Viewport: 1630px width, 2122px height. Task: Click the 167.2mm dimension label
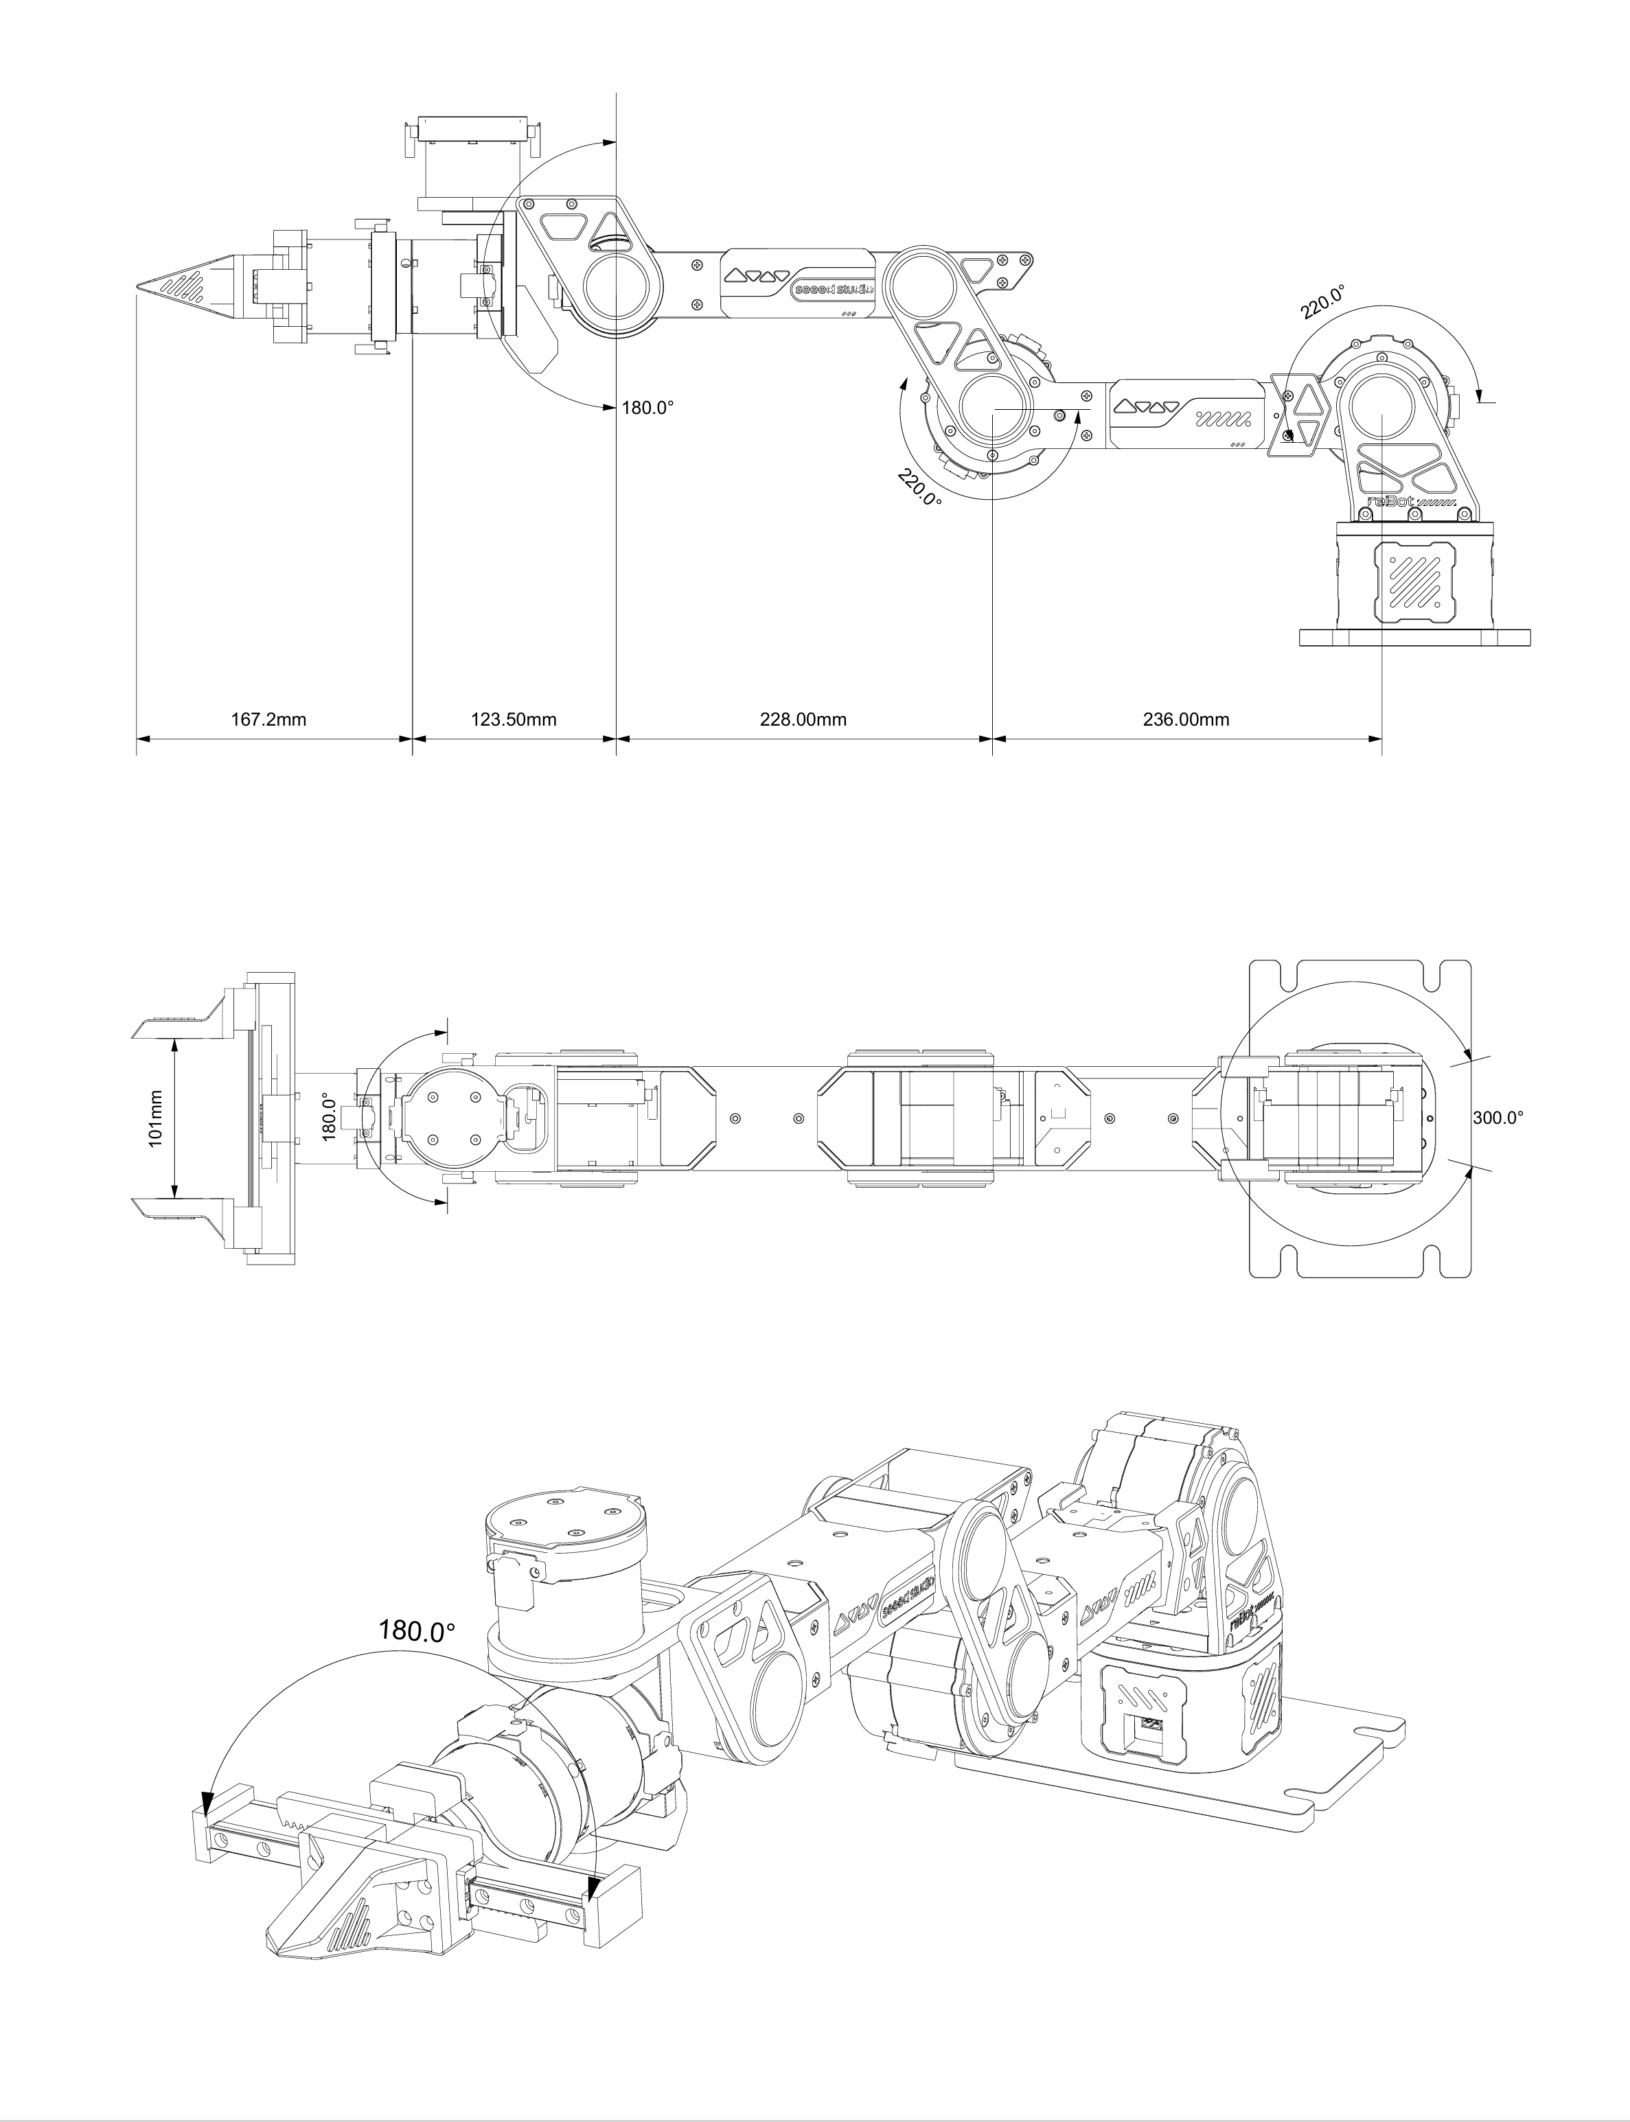point(268,719)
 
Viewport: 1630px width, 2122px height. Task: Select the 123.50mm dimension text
point(514,719)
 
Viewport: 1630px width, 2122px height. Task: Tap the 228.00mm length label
point(803,719)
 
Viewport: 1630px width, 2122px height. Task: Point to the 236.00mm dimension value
point(1186,719)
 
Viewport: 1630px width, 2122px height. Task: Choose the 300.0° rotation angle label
point(1498,1117)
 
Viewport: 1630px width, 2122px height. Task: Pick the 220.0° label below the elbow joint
point(919,488)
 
